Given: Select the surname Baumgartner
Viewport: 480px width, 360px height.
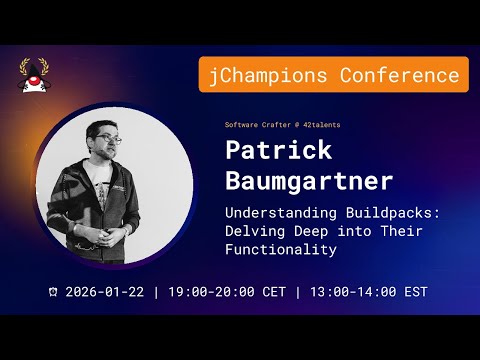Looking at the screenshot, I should pos(309,183).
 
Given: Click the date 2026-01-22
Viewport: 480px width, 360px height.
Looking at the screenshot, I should pos(103,292).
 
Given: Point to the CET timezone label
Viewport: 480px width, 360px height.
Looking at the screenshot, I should pos(273,292).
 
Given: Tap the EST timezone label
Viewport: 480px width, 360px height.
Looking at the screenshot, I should pos(415,292).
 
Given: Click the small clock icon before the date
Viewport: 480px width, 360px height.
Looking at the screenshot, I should pos(53,292).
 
